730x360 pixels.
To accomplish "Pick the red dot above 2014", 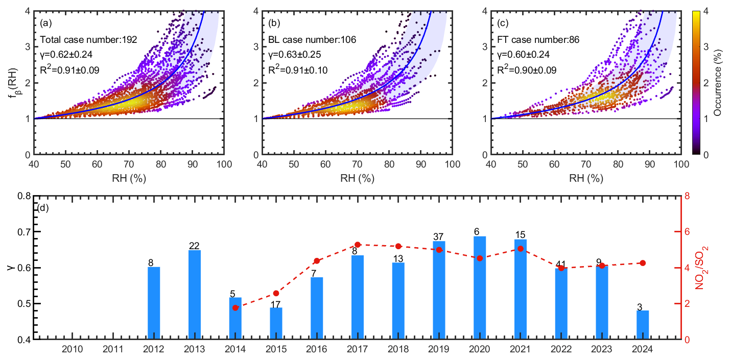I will (236, 308).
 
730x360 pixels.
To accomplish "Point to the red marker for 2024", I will (643, 263).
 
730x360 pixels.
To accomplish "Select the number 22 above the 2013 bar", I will (195, 246).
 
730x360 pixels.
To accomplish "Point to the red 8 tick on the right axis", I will (688, 196).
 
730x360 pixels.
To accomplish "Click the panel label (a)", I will (45, 23).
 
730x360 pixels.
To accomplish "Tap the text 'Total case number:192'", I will (88, 39).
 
